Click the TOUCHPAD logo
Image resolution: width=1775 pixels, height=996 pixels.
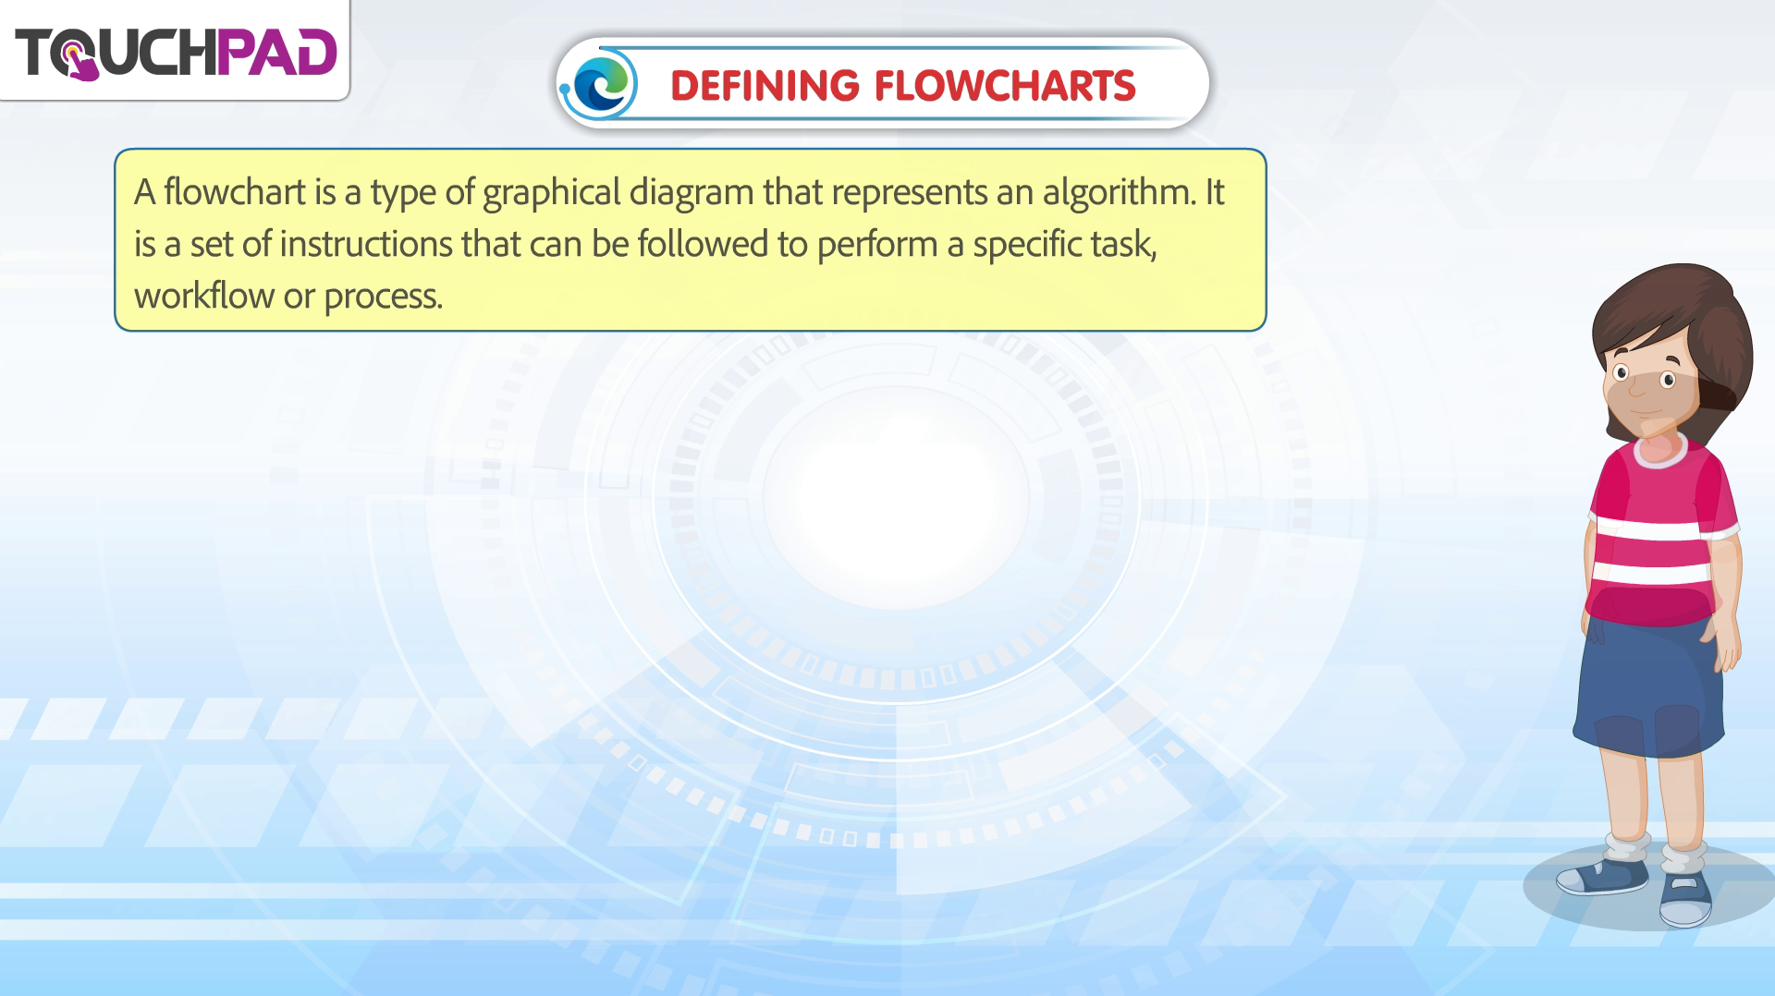(176, 53)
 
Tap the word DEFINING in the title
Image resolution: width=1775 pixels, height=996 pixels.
(765, 86)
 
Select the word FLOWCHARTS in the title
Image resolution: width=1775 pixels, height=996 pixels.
(1005, 86)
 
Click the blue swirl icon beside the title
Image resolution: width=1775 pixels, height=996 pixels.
(603, 84)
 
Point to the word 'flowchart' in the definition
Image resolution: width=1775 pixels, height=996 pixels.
(235, 192)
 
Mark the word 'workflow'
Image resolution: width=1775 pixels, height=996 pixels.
(204, 296)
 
